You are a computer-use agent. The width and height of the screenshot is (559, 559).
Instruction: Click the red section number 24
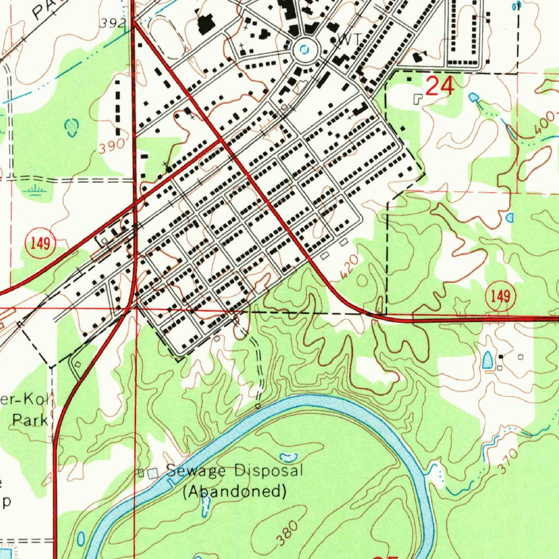coord(440,86)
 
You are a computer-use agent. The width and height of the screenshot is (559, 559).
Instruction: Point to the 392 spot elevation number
coord(114,23)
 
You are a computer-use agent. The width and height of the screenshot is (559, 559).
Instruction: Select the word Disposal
coord(268,471)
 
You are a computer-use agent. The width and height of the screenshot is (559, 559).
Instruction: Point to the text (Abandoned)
coord(235,491)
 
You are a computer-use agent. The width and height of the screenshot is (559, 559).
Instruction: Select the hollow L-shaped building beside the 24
coord(418,99)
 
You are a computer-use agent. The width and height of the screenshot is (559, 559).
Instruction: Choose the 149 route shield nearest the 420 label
coord(499,296)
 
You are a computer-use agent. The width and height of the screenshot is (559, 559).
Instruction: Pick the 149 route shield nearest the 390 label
coord(40,244)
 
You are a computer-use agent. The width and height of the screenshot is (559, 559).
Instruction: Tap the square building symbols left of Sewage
coord(148,473)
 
